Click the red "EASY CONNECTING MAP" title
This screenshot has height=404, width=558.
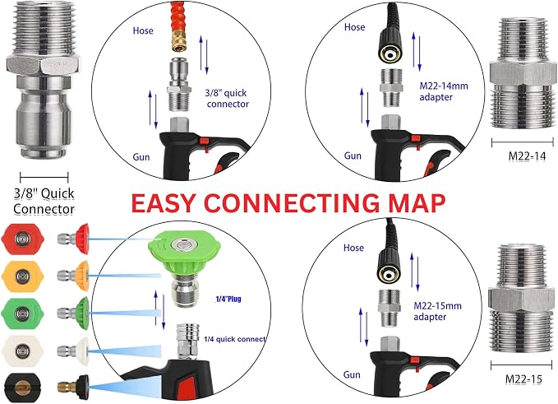tap(288, 203)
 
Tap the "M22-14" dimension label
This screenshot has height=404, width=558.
tap(527, 156)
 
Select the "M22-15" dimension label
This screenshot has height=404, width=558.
tap(523, 379)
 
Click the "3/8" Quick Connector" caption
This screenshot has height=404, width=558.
tap(44, 202)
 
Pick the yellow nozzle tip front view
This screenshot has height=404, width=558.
tap(22, 276)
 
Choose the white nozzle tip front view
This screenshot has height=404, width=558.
tap(22, 351)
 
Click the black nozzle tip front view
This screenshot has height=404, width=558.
tap(22, 388)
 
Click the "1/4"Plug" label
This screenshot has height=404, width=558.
tap(228, 299)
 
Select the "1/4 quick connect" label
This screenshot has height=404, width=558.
tap(235, 339)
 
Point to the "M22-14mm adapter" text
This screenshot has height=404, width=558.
tap(444, 91)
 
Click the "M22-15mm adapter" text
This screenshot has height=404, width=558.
tap(437, 311)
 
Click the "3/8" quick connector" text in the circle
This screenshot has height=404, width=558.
tap(227, 99)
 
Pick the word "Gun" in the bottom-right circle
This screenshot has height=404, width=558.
tap(352, 374)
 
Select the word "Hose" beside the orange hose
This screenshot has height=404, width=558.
tap(143, 30)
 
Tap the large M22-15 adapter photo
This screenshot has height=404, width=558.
tap(521, 299)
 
